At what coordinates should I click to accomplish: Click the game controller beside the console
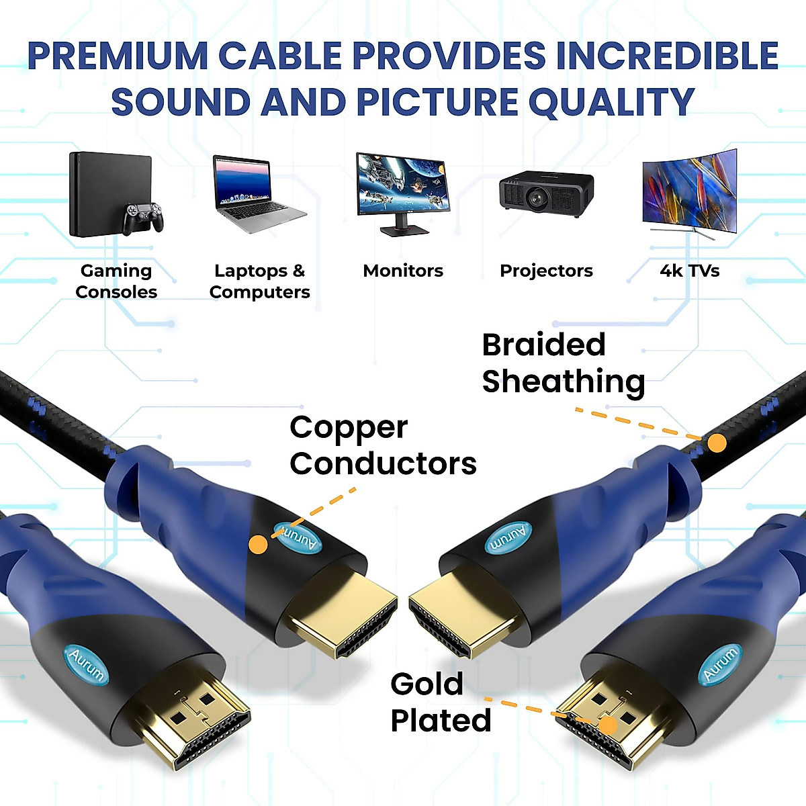[x=142, y=218]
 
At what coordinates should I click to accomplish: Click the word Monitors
[x=403, y=271]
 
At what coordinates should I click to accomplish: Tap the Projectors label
[x=546, y=271]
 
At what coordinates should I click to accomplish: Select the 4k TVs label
[x=690, y=271]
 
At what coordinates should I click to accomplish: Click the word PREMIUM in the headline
[x=117, y=56]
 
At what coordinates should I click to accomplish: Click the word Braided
[x=543, y=345]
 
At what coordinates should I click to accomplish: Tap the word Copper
[x=349, y=428]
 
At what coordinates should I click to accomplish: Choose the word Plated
[x=441, y=721]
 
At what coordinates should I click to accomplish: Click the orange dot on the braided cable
[x=717, y=443]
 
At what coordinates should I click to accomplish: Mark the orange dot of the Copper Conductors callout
[x=258, y=544]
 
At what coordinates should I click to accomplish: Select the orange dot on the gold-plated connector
[x=609, y=726]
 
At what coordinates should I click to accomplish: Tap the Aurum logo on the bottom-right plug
[x=720, y=663]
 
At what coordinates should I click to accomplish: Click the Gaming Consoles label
[x=116, y=281]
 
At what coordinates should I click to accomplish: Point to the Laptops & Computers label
[x=259, y=281]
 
